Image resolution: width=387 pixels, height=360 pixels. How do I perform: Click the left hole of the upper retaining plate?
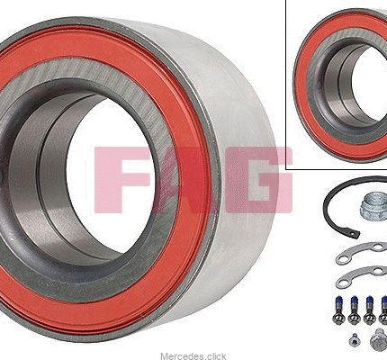coord(341,258)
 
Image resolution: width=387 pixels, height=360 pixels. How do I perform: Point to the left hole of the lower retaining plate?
coord(341,283)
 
